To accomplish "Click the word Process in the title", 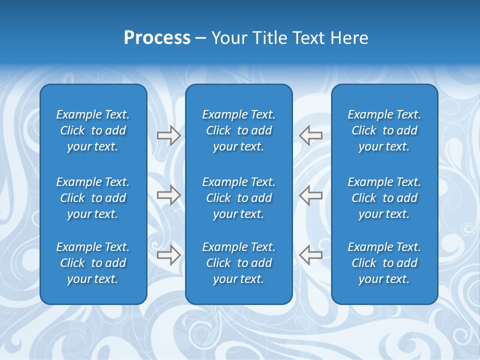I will (157, 38).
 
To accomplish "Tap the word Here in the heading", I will (349, 38).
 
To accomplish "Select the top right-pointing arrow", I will (168, 135).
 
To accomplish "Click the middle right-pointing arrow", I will (168, 195).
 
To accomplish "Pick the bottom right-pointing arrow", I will (168, 255).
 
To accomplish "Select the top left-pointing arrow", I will (311, 135).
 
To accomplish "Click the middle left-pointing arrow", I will (311, 195).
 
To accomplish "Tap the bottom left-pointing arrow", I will (311, 255).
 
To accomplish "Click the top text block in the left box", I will (93, 130).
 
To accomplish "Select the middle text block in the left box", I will (93, 198).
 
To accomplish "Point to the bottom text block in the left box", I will (93, 263).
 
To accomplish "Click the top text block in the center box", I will (239, 130).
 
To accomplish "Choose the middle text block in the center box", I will (239, 198).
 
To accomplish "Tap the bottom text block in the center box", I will (239, 263).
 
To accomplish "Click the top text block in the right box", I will (384, 130).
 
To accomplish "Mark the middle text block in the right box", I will (384, 198).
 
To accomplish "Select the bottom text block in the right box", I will (384, 263).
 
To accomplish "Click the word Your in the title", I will (228, 38).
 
